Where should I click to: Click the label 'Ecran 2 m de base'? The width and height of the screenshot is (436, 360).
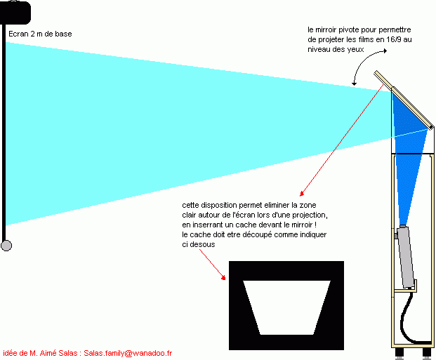click(40, 34)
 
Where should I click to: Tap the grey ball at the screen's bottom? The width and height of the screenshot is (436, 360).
click(6, 246)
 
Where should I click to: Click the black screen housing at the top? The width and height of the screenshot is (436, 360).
click(15, 13)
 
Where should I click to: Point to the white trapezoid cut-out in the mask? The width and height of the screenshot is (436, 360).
click(286, 307)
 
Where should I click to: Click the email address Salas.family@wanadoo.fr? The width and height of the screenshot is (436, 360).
click(128, 353)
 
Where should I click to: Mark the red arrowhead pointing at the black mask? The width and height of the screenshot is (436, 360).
click(223, 277)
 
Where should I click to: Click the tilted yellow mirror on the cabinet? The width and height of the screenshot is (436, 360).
click(404, 100)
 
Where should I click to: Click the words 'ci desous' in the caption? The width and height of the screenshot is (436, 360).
click(199, 244)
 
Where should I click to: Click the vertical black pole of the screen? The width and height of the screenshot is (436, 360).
click(4, 133)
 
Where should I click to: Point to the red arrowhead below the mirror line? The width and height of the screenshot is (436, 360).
click(302, 194)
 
